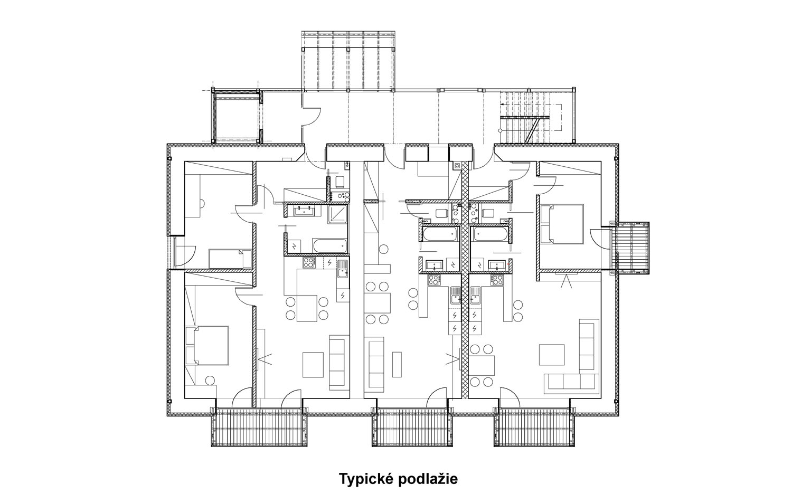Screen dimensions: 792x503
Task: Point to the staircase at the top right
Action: click(530, 117)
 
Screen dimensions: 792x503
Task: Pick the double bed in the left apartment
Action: click(207, 345)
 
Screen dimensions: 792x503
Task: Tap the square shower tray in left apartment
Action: click(338, 214)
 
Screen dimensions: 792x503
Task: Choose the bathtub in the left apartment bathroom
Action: click(329, 245)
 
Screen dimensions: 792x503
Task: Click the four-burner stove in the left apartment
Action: click(309, 263)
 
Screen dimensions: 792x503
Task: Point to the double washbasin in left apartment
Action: click(303, 211)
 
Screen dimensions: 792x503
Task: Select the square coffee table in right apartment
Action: click(552, 355)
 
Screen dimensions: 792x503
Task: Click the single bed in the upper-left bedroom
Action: click(230, 259)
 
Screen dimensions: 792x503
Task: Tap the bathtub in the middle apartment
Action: click(440, 234)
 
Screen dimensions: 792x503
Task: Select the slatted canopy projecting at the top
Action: click(348, 61)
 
